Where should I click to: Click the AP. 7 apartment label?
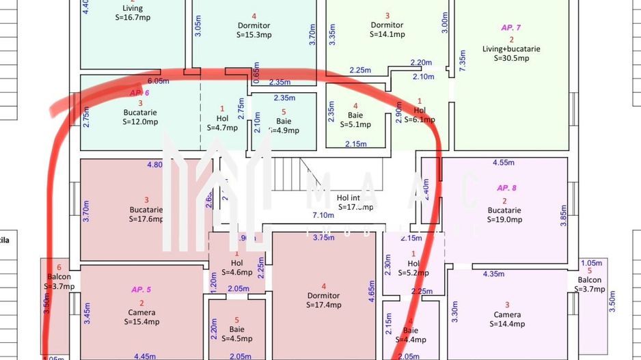pyautogui.click(x=510, y=27)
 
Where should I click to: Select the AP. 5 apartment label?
pyautogui.click(x=141, y=290)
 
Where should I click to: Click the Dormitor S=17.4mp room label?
pyautogui.click(x=323, y=300)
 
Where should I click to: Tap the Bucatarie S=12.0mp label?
pyautogui.click(x=141, y=117)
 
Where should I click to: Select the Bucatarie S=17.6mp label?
pyautogui.click(x=146, y=214)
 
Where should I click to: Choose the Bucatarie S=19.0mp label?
pyautogui.click(x=504, y=215)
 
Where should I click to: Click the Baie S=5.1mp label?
pyautogui.click(x=355, y=120)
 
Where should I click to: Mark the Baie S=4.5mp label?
pyautogui.click(x=236, y=333)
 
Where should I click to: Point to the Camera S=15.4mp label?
pyautogui.click(x=141, y=316)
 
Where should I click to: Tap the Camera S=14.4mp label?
pyautogui.click(x=507, y=320)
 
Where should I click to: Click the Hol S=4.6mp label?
pyautogui.click(x=236, y=267)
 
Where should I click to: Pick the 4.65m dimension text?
pyautogui.click(x=372, y=295)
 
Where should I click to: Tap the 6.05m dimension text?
pyautogui.click(x=158, y=81)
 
